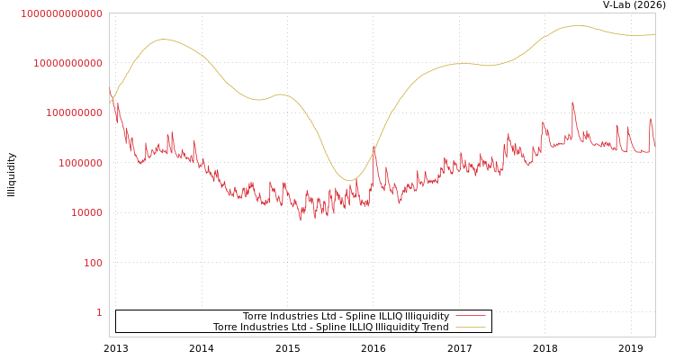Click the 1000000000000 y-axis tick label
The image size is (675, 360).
tap(61, 13)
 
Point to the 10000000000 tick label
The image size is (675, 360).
tap(67, 63)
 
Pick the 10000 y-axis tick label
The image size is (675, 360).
tap(86, 213)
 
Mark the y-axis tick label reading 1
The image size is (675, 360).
tap(99, 312)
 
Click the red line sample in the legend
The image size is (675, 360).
tap(470, 316)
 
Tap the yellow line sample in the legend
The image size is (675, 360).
tap(470, 327)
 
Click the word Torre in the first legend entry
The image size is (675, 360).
tap(256, 316)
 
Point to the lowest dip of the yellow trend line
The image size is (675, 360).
tap(350, 181)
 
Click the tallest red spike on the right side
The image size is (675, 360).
tap(572, 103)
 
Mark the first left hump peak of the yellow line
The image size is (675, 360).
tap(164, 39)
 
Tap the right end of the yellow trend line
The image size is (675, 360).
tap(654, 34)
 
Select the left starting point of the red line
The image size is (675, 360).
tap(110, 89)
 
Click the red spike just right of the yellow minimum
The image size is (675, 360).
tap(375, 147)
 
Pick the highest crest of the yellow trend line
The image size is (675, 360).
tap(578, 25)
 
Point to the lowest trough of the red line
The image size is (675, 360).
tap(301, 220)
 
